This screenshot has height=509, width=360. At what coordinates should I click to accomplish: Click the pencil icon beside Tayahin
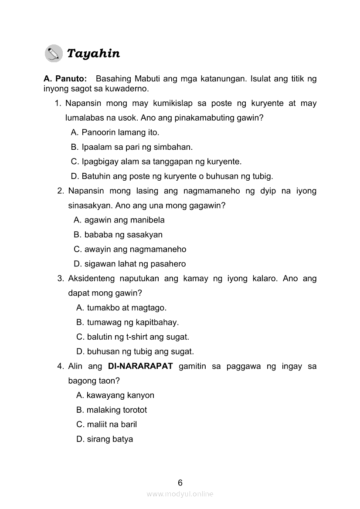(54, 54)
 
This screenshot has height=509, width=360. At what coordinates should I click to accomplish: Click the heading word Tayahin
(93, 54)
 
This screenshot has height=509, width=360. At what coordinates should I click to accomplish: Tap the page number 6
(180, 482)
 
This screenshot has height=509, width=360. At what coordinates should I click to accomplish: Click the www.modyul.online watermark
(180, 494)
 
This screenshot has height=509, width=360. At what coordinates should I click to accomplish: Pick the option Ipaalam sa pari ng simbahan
(132, 147)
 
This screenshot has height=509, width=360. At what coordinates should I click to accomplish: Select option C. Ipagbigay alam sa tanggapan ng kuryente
(156, 162)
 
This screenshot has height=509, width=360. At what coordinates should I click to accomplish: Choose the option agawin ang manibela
(119, 220)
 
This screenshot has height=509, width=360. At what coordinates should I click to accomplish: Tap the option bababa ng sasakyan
(118, 235)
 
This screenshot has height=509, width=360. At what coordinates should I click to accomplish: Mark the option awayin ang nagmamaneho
(130, 249)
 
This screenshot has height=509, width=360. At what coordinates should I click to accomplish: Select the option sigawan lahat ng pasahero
(130, 264)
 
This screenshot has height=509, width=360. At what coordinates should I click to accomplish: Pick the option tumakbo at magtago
(121, 308)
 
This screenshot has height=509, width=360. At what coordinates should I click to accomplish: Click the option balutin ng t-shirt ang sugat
(132, 337)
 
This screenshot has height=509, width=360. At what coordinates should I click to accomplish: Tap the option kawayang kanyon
(115, 395)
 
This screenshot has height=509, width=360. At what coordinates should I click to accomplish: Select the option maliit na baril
(106, 425)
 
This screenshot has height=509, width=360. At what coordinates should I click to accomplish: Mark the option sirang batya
(105, 439)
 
